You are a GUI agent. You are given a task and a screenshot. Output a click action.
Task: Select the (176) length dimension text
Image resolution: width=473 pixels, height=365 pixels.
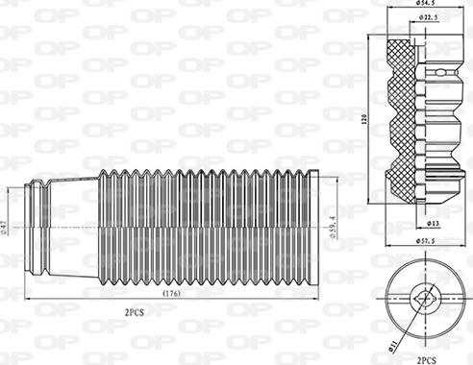click(x=173, y=292)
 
